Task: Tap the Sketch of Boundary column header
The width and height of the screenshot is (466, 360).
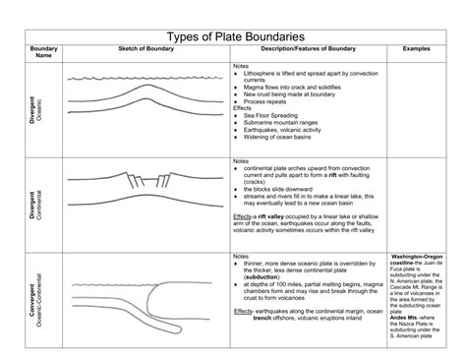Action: click(146, 47)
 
